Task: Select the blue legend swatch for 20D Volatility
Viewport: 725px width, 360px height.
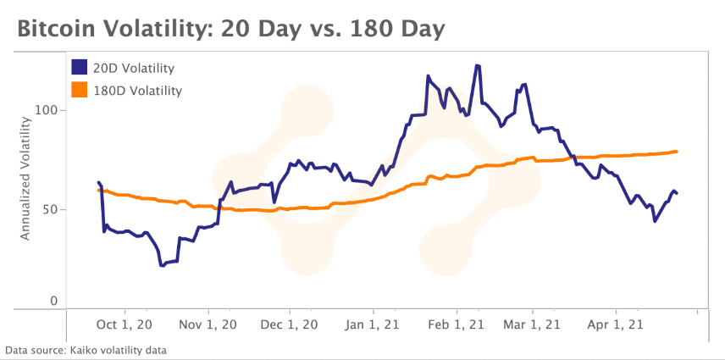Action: tap(80, 67)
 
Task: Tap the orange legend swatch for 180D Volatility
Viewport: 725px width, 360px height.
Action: tap(80, 89)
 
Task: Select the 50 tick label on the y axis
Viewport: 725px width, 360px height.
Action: tap(52, 209)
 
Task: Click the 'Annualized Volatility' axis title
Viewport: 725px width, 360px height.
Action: tap(25, 179)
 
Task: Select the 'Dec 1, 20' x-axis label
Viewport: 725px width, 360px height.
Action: tap(290, 324)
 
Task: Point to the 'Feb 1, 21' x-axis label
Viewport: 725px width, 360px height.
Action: tap(456, 324)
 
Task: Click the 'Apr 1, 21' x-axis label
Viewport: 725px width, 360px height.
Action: tap(617, 324)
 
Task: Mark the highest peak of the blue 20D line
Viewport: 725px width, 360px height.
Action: tap(478, 65)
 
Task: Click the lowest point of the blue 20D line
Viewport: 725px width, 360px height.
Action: tap(162, 265)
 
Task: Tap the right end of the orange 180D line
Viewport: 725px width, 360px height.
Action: tap(676, 152)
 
